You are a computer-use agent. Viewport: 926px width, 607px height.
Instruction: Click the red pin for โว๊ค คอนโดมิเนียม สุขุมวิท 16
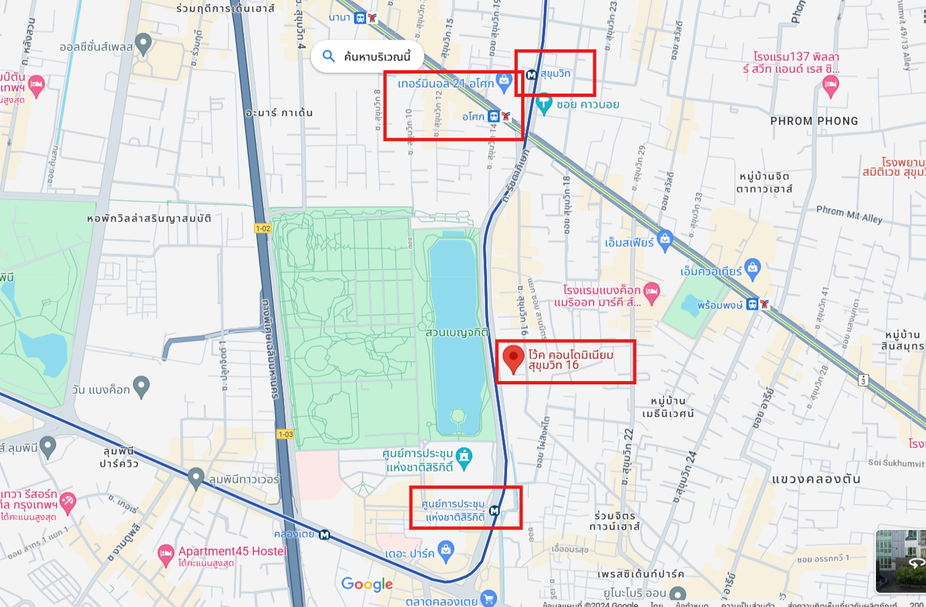tap(513, 358)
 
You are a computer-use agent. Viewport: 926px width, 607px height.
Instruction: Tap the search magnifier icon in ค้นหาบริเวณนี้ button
tap(328, 56)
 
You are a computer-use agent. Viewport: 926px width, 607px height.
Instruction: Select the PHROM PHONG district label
tap(814, 121)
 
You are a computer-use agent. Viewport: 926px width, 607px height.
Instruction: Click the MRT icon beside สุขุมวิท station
tap(532, 75)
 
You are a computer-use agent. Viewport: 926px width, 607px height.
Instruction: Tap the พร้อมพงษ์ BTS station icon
tap(753, 304)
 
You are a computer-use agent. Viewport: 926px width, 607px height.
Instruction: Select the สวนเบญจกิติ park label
tap(457, 332)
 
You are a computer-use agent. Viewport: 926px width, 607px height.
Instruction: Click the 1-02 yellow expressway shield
tap(263, 229)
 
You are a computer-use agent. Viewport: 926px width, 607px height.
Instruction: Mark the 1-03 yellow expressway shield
tap(285, 434)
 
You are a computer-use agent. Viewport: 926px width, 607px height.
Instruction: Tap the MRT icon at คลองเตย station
tap(325, 535)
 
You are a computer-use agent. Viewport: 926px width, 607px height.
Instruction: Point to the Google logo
tap(367, 584)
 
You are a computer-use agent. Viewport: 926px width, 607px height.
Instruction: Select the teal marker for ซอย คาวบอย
tap(544, 104)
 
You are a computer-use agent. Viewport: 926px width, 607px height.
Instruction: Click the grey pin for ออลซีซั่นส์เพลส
tap(143, 44)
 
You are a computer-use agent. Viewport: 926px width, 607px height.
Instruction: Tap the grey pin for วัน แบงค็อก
tap(141, 386)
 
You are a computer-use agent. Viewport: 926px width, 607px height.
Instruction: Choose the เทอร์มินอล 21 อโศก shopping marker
tap(504, 82)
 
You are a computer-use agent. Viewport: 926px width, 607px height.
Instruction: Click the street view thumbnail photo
tap(901, 561)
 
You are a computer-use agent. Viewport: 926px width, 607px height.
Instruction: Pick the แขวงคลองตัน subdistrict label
tap(816, 479)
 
